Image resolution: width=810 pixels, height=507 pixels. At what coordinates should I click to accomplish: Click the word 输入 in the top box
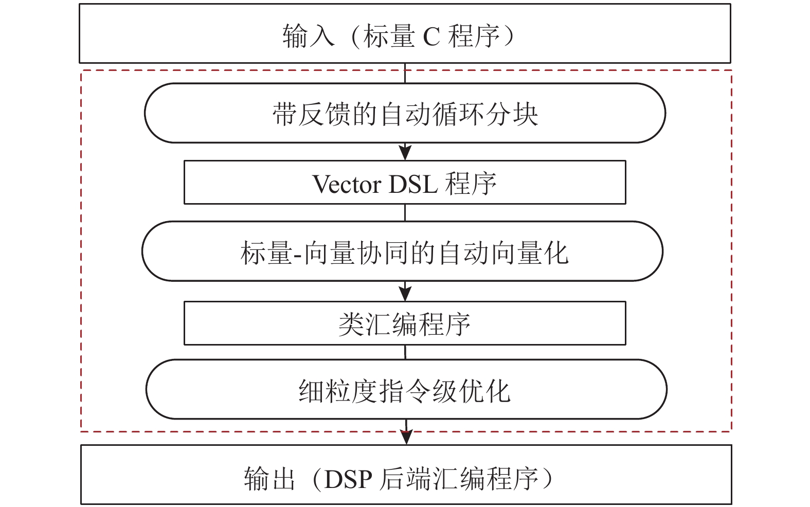coord(308,36)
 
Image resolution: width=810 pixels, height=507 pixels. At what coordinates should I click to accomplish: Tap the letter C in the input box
coord(431,37)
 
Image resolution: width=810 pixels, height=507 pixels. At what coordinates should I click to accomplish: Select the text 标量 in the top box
coord(388,36)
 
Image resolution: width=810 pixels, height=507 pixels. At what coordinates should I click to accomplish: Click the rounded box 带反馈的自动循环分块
coord(405,113)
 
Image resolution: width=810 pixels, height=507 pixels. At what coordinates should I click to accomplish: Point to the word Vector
coord(346,184)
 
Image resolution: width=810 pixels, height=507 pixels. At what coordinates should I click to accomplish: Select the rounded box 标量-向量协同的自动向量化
coord(402,251)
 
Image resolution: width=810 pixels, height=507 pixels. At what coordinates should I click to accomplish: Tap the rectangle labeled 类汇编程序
coord(405,323)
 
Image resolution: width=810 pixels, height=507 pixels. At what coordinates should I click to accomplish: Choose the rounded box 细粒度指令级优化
coord(406,389)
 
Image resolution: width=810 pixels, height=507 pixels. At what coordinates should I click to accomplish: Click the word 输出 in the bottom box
coord(269,479)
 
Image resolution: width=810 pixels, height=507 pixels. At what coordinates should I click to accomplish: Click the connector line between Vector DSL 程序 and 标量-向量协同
coord(405,212)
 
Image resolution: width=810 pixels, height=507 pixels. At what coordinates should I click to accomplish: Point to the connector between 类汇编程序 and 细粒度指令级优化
coord(405,352)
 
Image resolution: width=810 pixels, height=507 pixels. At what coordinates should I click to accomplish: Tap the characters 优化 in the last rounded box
coord(484,390)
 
